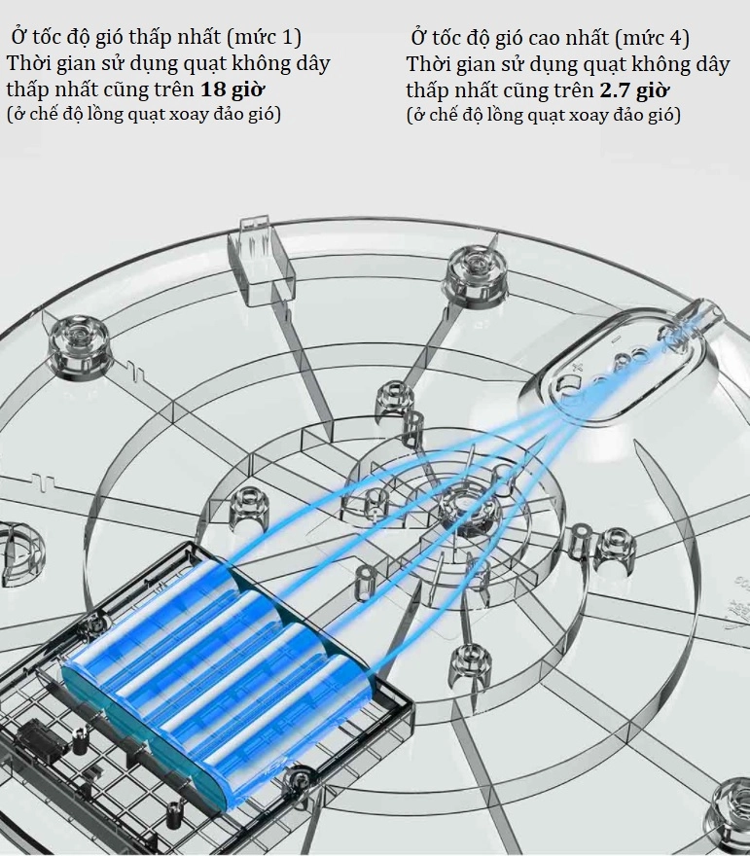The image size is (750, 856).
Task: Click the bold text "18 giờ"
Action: [232, 89]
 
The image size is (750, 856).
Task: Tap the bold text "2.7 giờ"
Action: [633, 90]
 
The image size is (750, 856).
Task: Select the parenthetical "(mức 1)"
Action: [264, 37]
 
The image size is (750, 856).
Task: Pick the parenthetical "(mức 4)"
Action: [652, 38]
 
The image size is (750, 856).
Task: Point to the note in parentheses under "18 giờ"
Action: [144, 115]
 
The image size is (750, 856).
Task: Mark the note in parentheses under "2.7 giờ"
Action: [543, 116]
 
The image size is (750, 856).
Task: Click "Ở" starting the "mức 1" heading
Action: [20, 36]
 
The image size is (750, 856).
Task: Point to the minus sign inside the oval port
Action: [614, 340]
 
